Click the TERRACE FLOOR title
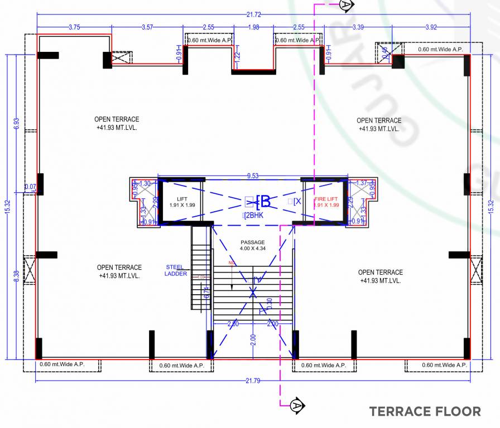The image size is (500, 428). click(x=425, y=412)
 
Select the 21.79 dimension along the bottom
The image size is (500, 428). click(x=252, y=381)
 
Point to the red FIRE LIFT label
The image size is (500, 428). click(x=326, y=202)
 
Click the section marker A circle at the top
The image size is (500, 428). click(x=347, y=6)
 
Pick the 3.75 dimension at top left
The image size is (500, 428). click(x=73, y=27)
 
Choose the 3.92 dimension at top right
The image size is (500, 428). click(x=431, y=27)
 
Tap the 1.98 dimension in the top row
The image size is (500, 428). click(x=253, y=27)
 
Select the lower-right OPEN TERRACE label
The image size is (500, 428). click(x=380, y=276)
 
